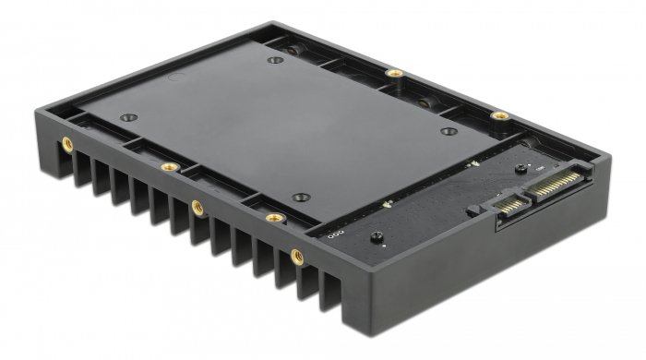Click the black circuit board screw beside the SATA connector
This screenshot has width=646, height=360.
pyautogui.click(x=520, y=169)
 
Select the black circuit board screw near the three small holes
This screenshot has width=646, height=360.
pyautogui.click(x=376, y=238)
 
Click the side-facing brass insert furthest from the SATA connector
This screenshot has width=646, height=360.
pyautogui.click(x=66, y=144)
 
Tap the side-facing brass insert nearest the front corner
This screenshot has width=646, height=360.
pyautogui.click(x=296, y=255)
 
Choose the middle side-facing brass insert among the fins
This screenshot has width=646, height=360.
pyautogui.click(x=197, y=208)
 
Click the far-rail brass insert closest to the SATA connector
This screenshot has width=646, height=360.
pyautogui.click(x=499, y=116)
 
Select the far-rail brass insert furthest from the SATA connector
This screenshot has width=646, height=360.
pyautogui.click(x=394, y=73)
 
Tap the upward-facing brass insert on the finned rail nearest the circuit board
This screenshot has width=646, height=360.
pyautogui.click(x=273, y=218)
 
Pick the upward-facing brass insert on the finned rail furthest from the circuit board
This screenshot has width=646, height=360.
pyautogui.click(x=169, y=167)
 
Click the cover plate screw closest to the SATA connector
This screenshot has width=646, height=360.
pyautogui.click(x=449, y=131)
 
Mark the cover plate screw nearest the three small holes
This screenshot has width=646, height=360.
pyautogui.click(x=299, y=197)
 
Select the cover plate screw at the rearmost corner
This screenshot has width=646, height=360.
pyautogui.click(x=274, y=61)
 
